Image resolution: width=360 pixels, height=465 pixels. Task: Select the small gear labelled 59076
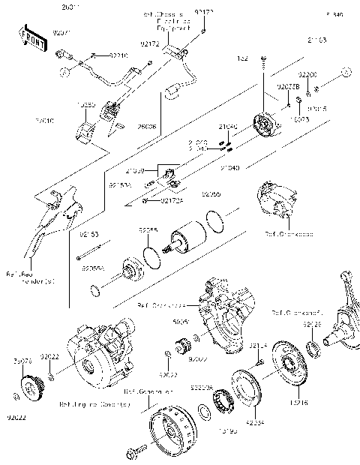pyautogui.click(x=25, y=391)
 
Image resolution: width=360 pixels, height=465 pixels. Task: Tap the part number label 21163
pyautogui.click(x=317, y=39)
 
